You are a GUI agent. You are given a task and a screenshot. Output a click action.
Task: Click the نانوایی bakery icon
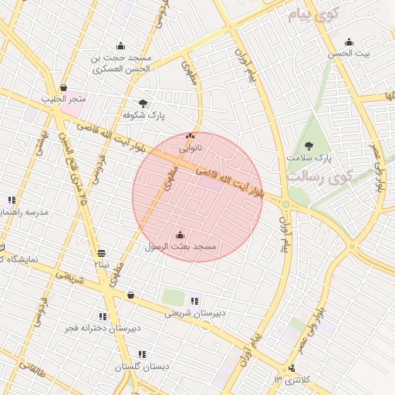click(191, 135)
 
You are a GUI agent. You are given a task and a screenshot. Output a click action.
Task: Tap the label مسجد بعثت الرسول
click(182, 246)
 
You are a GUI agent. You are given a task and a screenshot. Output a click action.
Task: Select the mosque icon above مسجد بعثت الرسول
click(181, 235)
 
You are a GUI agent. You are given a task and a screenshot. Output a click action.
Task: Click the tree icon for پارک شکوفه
click(142, 103)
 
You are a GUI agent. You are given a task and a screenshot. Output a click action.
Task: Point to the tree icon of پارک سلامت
click(309, 146)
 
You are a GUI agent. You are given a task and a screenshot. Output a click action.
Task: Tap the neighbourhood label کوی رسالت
click(319, 176)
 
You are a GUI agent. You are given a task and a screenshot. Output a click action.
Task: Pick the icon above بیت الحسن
click(349, 42)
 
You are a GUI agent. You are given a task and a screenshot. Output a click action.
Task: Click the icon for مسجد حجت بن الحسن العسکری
click(120, 46)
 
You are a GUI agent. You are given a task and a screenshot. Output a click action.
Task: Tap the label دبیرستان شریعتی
click(194, 313)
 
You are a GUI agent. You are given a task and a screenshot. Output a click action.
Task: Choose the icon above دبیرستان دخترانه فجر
click(103, 316)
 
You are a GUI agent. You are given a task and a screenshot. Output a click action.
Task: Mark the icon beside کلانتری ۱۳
click(292, 369)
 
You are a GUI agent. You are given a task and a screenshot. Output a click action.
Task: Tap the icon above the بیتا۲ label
click(102, 253)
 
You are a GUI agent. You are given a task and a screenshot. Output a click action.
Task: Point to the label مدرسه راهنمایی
click(25, 211)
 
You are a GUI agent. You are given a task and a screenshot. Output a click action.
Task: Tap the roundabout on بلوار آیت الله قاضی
click(286, 204)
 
